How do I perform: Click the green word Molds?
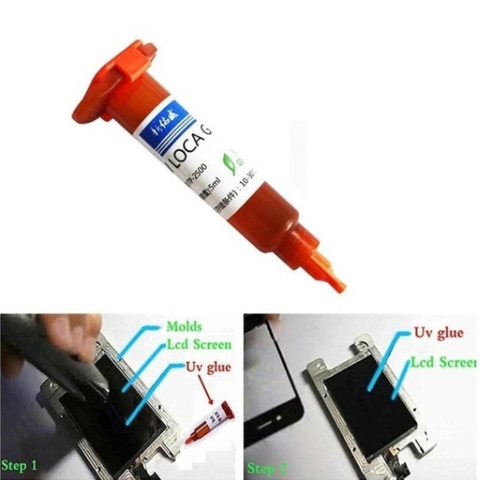184,326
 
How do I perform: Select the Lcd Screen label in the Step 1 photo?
199,345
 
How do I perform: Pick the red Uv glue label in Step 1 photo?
208,367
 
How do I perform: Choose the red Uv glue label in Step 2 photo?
438,333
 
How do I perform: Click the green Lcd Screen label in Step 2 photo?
443,362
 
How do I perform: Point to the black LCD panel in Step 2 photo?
370,403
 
